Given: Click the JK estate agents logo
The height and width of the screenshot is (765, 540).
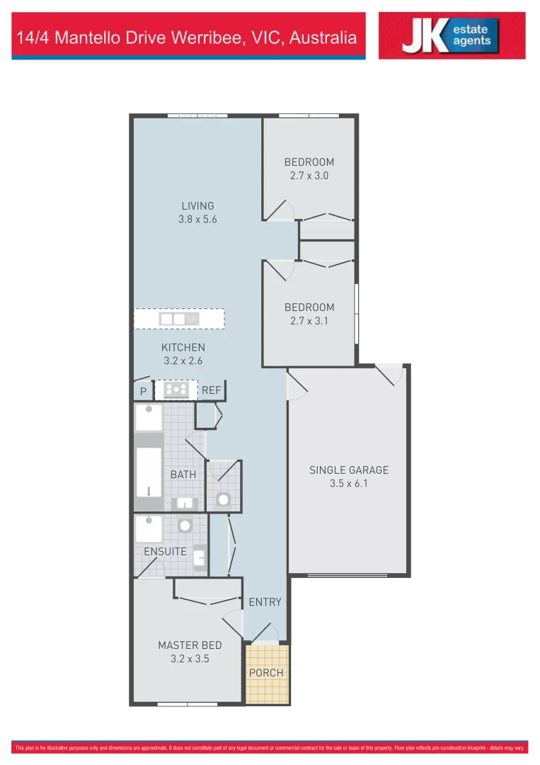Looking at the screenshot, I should [x=452, y=35].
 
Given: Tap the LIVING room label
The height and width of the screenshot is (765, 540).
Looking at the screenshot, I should [x=197, y=206].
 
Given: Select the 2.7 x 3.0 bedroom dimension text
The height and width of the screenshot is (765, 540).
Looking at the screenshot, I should [x=309, y=176].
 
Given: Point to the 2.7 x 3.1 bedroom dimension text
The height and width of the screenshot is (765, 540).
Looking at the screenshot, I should [x=309, y=321].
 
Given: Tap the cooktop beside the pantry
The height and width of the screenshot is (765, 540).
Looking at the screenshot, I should [x=176, y=389].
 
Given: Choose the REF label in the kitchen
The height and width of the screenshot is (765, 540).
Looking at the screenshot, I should [x=212, y=390].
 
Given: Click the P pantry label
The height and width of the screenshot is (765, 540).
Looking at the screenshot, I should [x=143, y=391].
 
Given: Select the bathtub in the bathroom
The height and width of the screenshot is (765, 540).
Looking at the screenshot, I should [x=149, y=472].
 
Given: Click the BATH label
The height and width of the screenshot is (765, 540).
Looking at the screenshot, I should [x=183, y=474].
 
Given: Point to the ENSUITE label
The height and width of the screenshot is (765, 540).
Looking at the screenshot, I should [x=165, y=551].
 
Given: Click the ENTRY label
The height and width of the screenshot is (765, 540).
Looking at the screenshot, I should [x=265, y=602].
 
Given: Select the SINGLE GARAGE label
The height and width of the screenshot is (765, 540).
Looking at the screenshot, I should [x=349, y=470].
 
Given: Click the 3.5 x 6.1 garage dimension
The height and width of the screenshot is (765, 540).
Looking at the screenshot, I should [x=349, y=484].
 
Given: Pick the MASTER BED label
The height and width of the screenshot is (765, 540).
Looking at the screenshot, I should [x=190, y=645].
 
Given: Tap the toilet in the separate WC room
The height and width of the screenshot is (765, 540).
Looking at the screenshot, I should [x=224, y=499].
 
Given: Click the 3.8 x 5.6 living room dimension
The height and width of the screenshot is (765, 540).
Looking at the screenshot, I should [x=197, y=220].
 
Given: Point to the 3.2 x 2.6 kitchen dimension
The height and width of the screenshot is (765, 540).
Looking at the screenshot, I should [x=183, y=361].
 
